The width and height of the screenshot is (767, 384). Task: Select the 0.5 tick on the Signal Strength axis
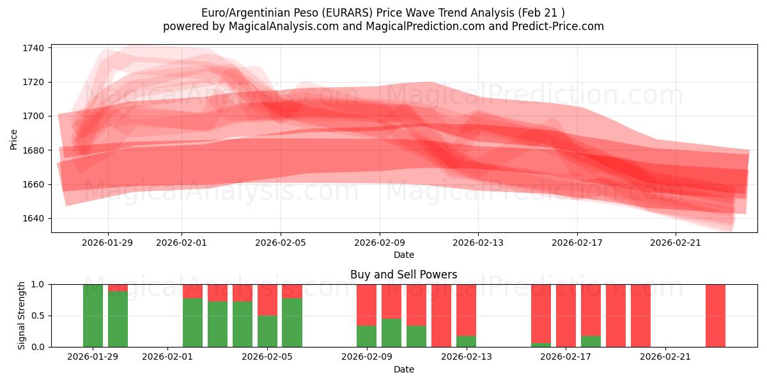coord(38,316)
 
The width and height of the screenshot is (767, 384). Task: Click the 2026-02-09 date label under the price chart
coord(380,243)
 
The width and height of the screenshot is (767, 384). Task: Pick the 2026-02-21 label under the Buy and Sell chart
coord(665,357)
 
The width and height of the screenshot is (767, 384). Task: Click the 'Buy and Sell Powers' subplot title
coord(403,275)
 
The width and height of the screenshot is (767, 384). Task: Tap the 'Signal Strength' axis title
coord(22,316)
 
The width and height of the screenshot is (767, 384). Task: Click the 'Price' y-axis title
coord(14,139)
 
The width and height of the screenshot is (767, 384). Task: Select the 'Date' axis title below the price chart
coord(403,255)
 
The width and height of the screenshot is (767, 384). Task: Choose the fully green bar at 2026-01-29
coord(93,316)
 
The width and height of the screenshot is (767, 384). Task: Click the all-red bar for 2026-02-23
coord(715,316)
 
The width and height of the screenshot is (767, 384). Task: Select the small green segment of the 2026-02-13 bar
coord(466,342)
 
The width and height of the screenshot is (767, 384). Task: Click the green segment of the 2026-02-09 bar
coord(366,337)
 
